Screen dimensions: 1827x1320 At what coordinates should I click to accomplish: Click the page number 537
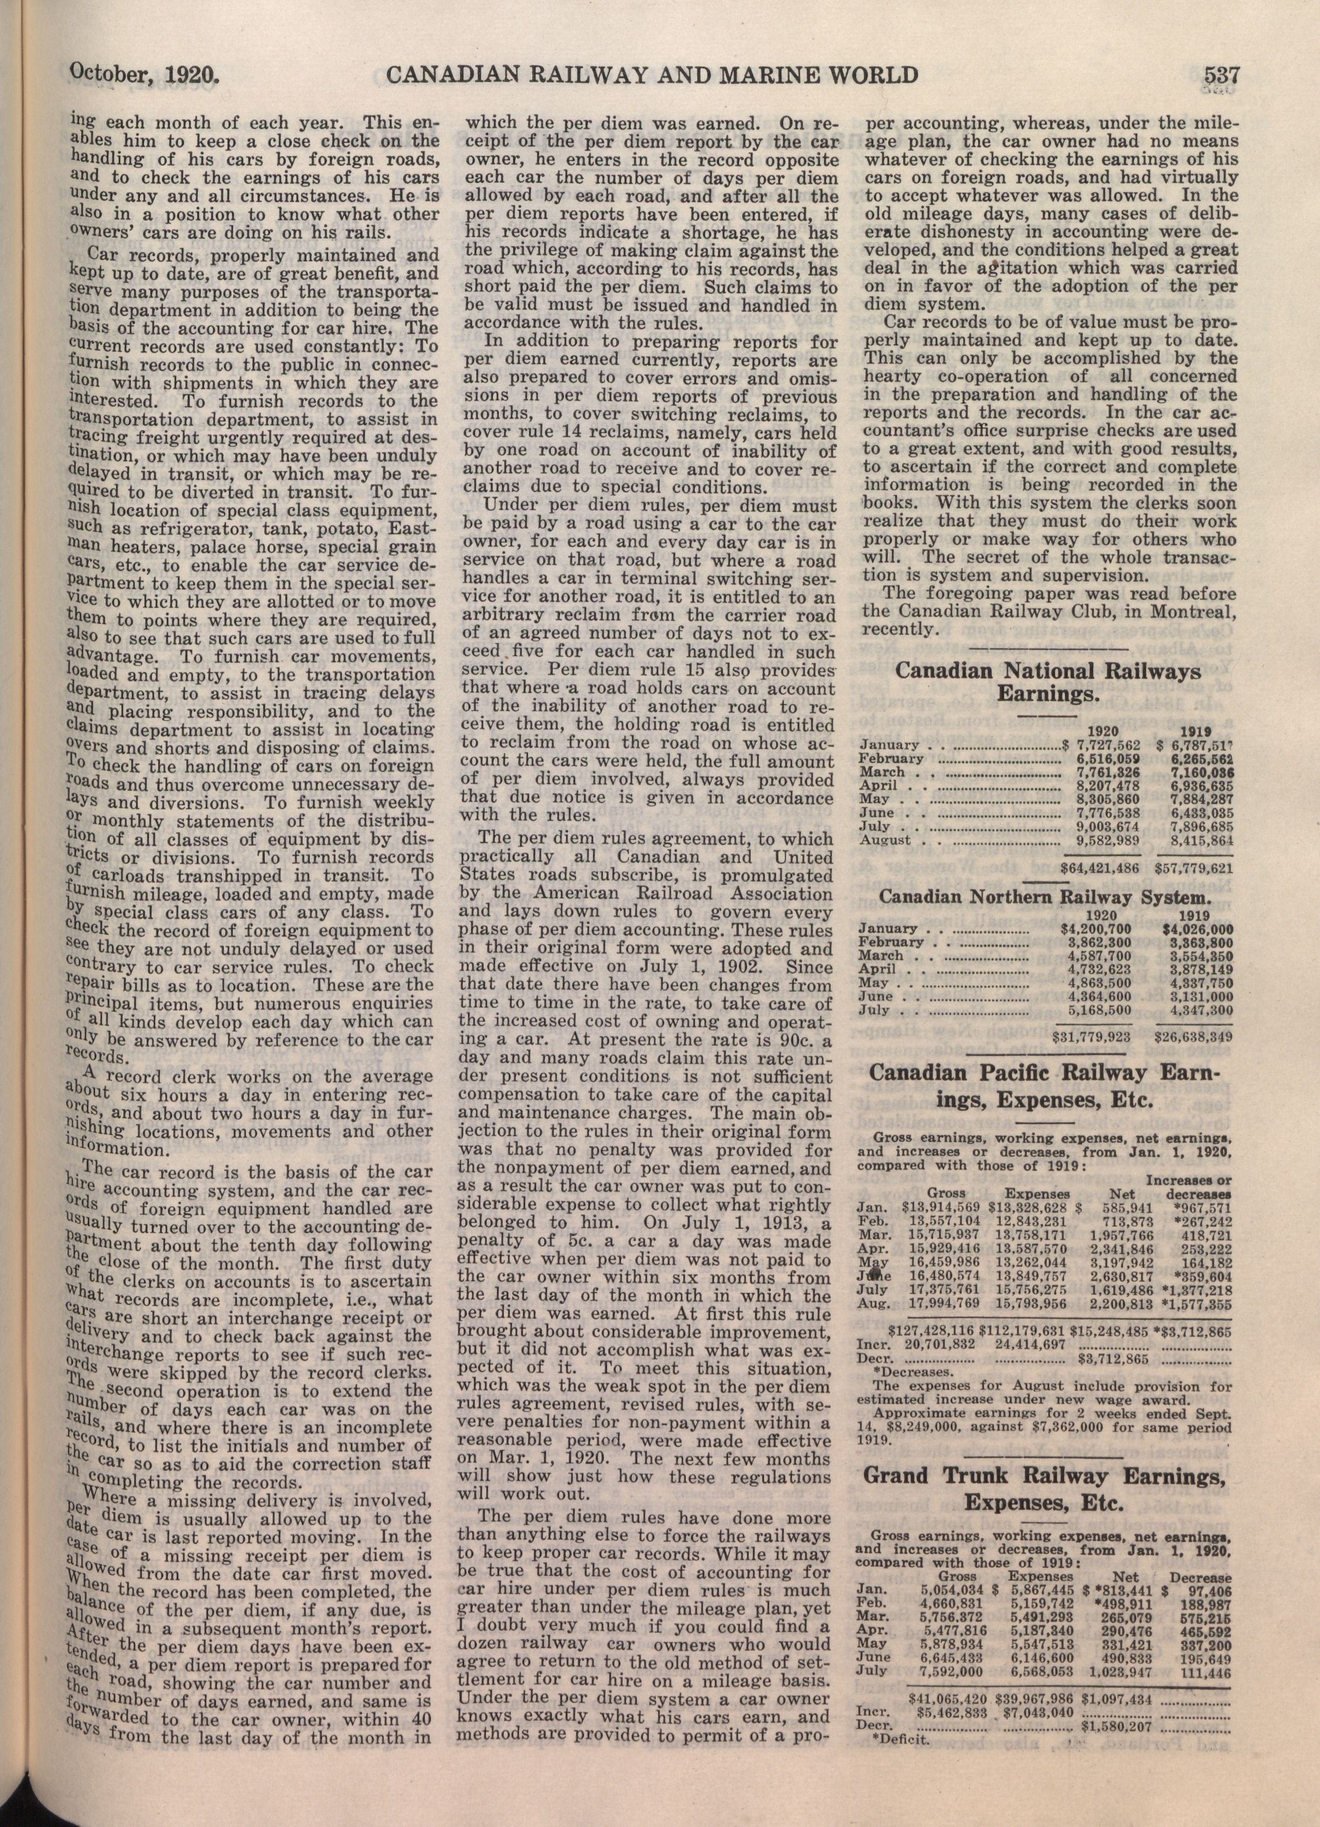[x=1221, y=76]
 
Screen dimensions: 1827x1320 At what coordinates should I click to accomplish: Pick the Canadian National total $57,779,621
[x=1193, y=870]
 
